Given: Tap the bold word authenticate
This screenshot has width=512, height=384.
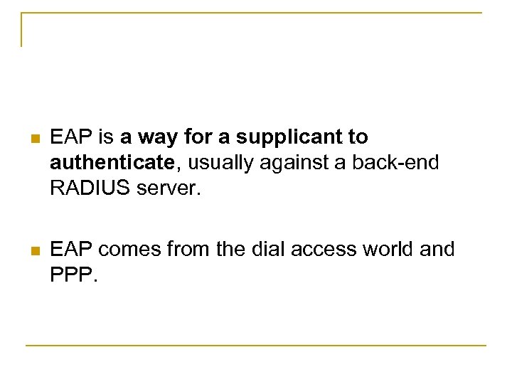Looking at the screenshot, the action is click(x=112, y=164).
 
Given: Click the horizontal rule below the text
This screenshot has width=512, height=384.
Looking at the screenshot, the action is click(x=256, y=346).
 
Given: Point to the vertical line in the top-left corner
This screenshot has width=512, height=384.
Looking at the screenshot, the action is click(x=21, y=30).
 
